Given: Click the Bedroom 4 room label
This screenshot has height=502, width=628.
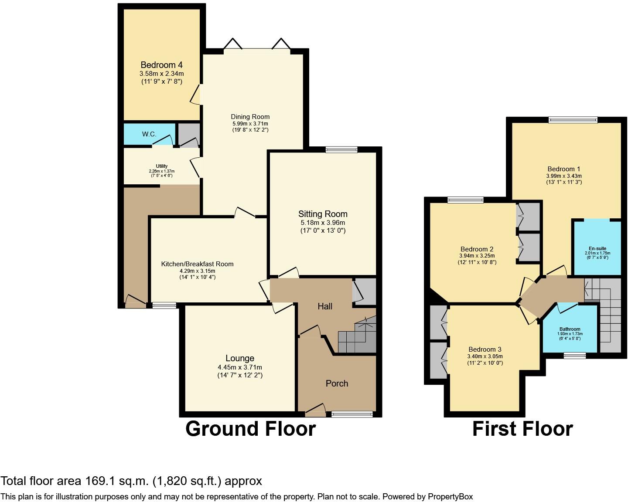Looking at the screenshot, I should click(x=161, y=65).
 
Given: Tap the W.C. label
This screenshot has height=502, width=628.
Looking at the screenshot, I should click(x=149, y=134).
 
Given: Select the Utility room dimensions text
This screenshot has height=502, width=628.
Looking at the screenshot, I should click(x=161, y=171).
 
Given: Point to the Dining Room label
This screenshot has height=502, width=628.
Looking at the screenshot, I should click(x=250, y=117).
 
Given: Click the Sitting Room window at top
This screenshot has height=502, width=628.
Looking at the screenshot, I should click(x=341, y=149).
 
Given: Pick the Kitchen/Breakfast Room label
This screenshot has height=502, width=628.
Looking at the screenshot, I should click(x=197, y=264).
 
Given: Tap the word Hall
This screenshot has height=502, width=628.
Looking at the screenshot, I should click(x=325, y=306).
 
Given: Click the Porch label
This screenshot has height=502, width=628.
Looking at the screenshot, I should click(x=337, y=383).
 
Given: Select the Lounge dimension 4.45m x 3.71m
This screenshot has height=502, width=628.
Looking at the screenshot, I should click(x=240, y=367).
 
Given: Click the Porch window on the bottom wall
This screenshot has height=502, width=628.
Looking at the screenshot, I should click(x=352, y=414).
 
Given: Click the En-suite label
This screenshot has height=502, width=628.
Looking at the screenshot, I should click(x=597, y=248).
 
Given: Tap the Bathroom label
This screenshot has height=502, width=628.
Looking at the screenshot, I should click(x=570, y=329).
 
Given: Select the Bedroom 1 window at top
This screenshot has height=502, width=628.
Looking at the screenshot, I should click(x=573, y=120).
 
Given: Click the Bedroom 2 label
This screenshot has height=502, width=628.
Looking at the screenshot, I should click(x=476, y=249).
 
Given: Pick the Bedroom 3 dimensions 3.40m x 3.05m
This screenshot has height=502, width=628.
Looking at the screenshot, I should click(x=485, y=356).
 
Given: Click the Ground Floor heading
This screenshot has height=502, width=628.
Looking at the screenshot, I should click(x=250, y=429).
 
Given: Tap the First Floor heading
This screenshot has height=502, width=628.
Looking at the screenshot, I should click(x=522, y=429).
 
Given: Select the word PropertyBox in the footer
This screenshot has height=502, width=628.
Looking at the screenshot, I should click(x=450, y=496).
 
